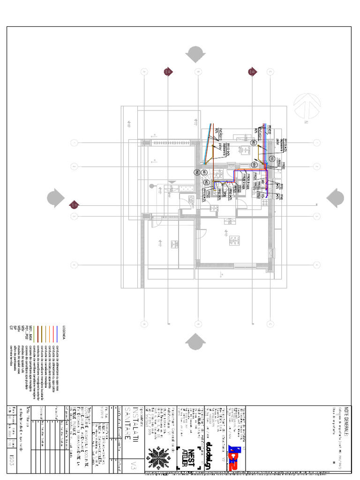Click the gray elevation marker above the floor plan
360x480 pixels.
tap(195, 54)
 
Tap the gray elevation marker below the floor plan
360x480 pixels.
tap(195, 342)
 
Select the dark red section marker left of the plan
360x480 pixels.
tap(74, 204)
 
